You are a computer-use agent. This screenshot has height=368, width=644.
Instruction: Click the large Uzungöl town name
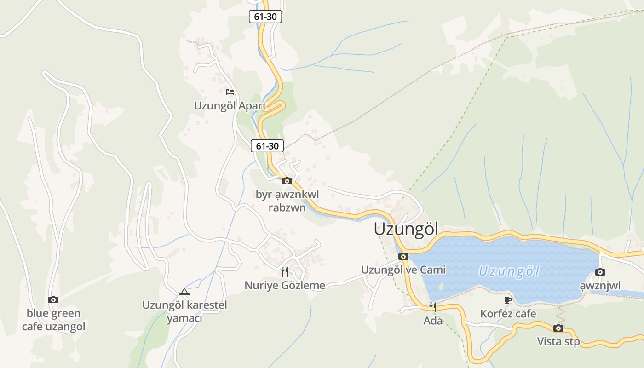point(406,229)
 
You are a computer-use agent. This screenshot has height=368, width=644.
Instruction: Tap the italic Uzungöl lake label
point(509,271)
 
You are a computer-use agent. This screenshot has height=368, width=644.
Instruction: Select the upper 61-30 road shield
point(265,17)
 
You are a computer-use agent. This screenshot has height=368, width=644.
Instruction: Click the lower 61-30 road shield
point(267,146)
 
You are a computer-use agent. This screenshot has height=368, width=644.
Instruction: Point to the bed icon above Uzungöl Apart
point(230,92)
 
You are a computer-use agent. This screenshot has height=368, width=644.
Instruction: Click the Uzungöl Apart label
point(230,105)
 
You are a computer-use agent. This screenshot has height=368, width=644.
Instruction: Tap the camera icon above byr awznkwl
point(287,181)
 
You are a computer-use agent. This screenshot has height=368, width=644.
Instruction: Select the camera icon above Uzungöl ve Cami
point(403,257)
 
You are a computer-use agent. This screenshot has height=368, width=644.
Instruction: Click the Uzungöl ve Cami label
point(403,270)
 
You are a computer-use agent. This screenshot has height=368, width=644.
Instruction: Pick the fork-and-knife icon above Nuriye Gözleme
point(285,272)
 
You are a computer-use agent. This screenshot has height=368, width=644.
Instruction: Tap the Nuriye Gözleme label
point(285,285)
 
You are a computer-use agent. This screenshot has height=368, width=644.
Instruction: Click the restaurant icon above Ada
point(432,307)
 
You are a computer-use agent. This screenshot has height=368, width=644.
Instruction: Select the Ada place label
point(433,321)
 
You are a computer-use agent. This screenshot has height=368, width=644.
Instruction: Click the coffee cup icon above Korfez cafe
point(508,300)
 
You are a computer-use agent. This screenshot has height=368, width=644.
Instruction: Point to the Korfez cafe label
point(508,314)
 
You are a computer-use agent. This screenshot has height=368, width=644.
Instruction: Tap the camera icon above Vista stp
point(558,328)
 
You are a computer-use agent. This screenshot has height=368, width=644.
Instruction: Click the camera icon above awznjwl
point(600,272)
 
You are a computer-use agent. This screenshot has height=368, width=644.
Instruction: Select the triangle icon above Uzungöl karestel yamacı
point(184,292)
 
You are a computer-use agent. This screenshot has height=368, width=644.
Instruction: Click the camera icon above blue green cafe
point(53,300)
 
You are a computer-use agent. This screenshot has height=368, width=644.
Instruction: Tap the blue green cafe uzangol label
point(53,320)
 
